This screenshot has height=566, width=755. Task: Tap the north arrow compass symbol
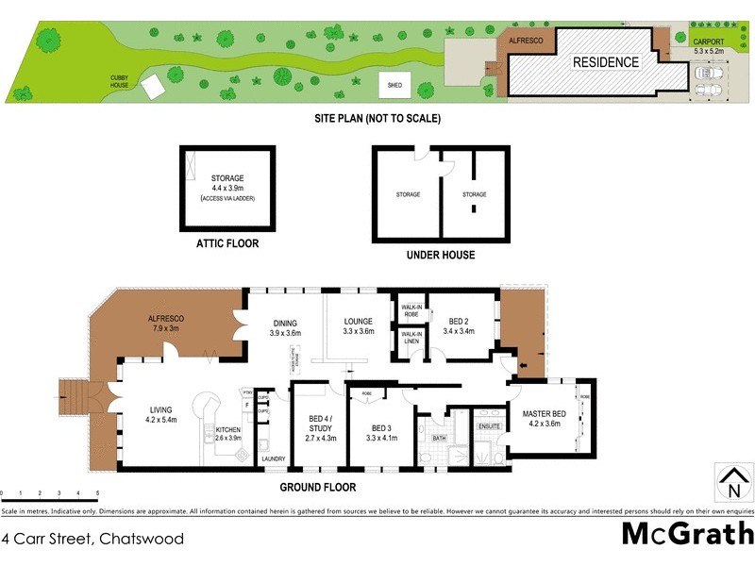point(731,484)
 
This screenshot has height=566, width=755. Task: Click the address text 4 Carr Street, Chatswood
point(92,540)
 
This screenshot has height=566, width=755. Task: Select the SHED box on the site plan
point(394,85)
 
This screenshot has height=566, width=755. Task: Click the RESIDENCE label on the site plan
point(606,63)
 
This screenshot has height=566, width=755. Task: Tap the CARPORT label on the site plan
point(708,42)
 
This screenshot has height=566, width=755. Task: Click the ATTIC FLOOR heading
point(226,243)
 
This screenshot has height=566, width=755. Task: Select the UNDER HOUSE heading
point(440,255)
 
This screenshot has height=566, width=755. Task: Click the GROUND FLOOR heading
point(318,488)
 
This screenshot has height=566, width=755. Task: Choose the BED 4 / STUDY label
point(322,422)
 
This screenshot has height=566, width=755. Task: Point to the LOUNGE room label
point(359,321)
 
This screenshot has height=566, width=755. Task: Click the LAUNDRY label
point(274,459)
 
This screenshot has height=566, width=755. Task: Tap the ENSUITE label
point(490,425)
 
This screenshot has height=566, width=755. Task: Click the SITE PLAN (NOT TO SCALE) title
point(377,119)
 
